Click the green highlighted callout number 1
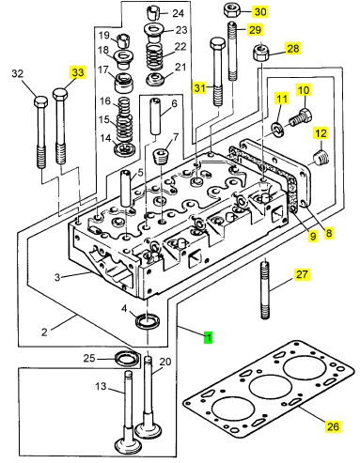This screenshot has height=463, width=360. (208, 337)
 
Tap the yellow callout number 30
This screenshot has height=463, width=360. (260, 11)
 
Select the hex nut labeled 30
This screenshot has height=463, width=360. (232, 10)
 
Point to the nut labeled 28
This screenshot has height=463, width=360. (260, 53)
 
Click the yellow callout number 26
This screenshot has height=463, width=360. (333, 426)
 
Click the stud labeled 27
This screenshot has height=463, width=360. (265, 289)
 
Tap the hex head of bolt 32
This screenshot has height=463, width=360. (40, 102)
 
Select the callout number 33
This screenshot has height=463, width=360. (78, 72)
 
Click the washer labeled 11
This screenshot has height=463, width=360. (277, 130)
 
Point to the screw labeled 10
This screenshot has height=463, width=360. (301, 117)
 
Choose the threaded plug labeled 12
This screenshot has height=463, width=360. (321, 158)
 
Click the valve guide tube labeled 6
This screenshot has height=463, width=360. (156, 116)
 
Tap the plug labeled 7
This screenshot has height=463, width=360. (162, 157)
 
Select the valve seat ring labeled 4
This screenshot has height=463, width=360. (148, 321)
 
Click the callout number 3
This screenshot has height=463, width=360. (57, 277)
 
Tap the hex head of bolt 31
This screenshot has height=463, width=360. (217, 45)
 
